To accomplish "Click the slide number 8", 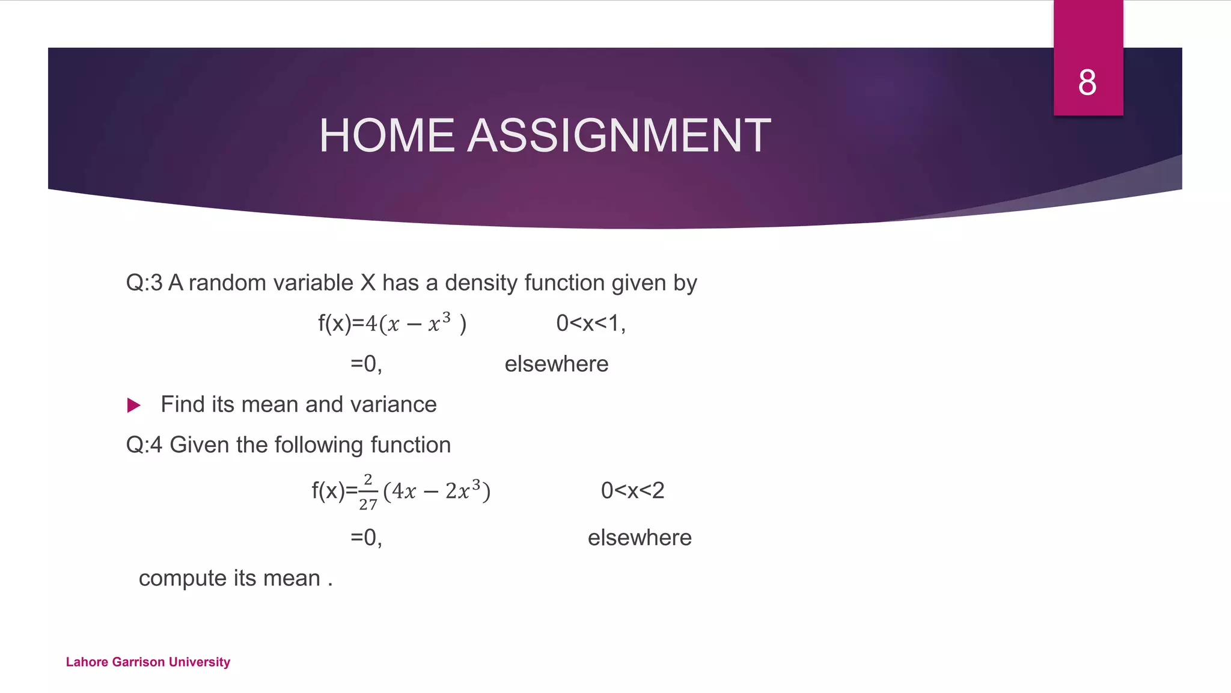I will pos(1087,82).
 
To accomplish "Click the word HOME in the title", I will pos(386,135).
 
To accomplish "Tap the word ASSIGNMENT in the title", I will pos(619,135).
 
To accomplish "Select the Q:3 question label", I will pos(144,283).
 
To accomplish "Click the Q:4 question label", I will pos(144,445).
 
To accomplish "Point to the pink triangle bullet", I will pos(134,405).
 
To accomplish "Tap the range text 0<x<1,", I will pos(591,324).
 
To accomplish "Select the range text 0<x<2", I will pos(632,491).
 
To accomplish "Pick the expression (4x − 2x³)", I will pos(437,491).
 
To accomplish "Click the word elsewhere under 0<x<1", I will pos(557,364).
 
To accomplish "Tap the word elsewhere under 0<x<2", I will pos(640,538).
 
